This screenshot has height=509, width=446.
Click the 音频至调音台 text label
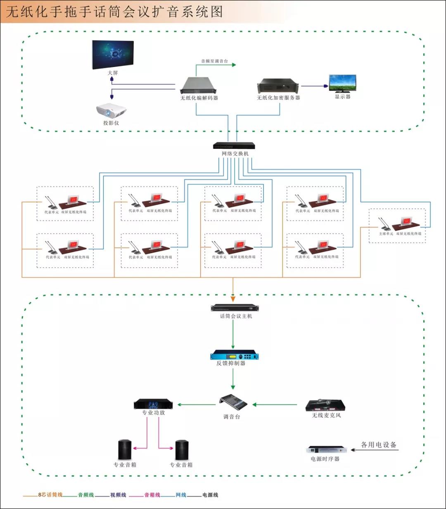tap(214, 61)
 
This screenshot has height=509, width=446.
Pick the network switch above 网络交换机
tap(234, 146)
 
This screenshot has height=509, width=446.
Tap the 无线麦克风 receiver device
tap(326, 405)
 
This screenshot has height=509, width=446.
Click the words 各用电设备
tap(379, 445)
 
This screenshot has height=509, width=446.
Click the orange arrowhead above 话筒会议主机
tap(233, 298)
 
